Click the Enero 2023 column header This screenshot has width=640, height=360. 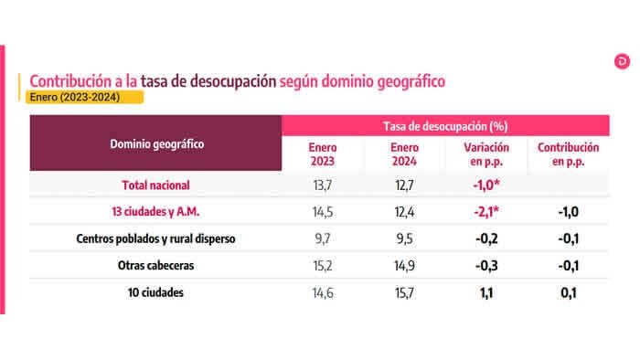pos(323,154)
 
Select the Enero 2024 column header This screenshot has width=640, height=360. pos(404,154)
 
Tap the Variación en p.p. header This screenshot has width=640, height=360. pos(486,154)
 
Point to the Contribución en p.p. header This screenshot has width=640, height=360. pos(568,154)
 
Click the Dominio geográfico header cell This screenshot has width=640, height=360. pos(156,143)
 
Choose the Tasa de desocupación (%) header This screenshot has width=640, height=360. pos(445,125)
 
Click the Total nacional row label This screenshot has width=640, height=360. pos(156,185)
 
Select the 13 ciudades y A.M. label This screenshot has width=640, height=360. pos(156,212)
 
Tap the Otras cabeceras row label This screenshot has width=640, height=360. pos(156,266)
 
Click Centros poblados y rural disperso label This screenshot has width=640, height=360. pos(156,239)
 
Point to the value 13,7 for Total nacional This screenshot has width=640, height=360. pos(323,185)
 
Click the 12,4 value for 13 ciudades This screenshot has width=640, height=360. pos(404,212)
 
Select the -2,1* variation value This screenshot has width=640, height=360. pos(485,212)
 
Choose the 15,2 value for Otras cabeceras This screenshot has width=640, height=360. pos(323,266)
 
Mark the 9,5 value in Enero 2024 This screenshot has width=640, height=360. pos(404,239)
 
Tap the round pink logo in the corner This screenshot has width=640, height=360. pos(622,62)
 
